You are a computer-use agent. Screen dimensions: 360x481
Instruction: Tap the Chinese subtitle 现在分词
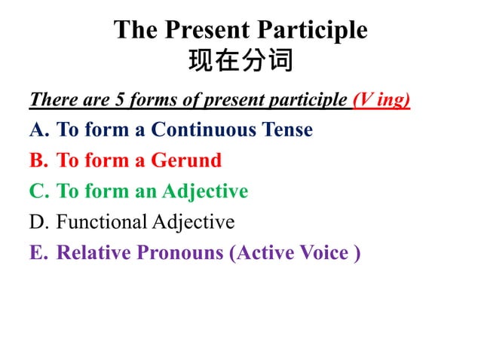pos(240,60)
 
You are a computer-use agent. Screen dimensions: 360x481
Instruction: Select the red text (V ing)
pos(381,99)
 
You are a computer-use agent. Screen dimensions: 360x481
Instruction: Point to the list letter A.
pos(38,130)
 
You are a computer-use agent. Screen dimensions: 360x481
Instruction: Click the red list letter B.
pos(38,160)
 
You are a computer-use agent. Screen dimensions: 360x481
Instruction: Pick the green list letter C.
pos(38,191)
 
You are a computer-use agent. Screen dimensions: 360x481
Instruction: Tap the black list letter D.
pos(38,222)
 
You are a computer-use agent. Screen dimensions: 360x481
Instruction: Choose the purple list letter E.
pos(38,253)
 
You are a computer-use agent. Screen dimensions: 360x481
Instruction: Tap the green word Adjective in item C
pos(204,191)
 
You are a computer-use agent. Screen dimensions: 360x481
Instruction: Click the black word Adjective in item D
pos(194,222)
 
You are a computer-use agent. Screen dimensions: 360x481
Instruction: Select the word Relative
pos(94,253)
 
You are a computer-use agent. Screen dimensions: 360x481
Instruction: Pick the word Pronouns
pos(179,253)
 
